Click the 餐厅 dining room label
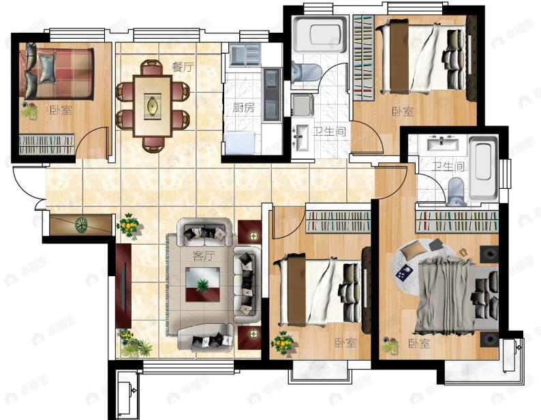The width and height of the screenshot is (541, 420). coord(183,67)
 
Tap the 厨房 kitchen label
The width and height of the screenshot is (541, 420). coord(244,108)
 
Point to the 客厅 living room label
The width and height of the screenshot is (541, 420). coord(203,256)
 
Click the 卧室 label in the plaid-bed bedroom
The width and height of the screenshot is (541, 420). coord(61,110)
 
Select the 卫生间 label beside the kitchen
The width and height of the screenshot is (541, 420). coord(330,131)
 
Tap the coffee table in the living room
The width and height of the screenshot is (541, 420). coord(202,284)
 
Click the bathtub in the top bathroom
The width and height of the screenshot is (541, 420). coord(319,34)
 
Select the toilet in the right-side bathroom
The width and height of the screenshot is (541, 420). coord(456,192)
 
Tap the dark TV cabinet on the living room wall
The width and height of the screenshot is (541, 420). coord(123,286)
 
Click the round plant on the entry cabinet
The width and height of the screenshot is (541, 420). coord(82,225)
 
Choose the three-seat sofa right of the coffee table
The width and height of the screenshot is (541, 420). coord(247,284)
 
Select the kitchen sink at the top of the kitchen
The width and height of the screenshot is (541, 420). coord(245,55)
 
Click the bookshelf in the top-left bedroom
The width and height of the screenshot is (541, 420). coord(46,145)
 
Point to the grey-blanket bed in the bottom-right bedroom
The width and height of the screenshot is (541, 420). coord(457,295)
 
